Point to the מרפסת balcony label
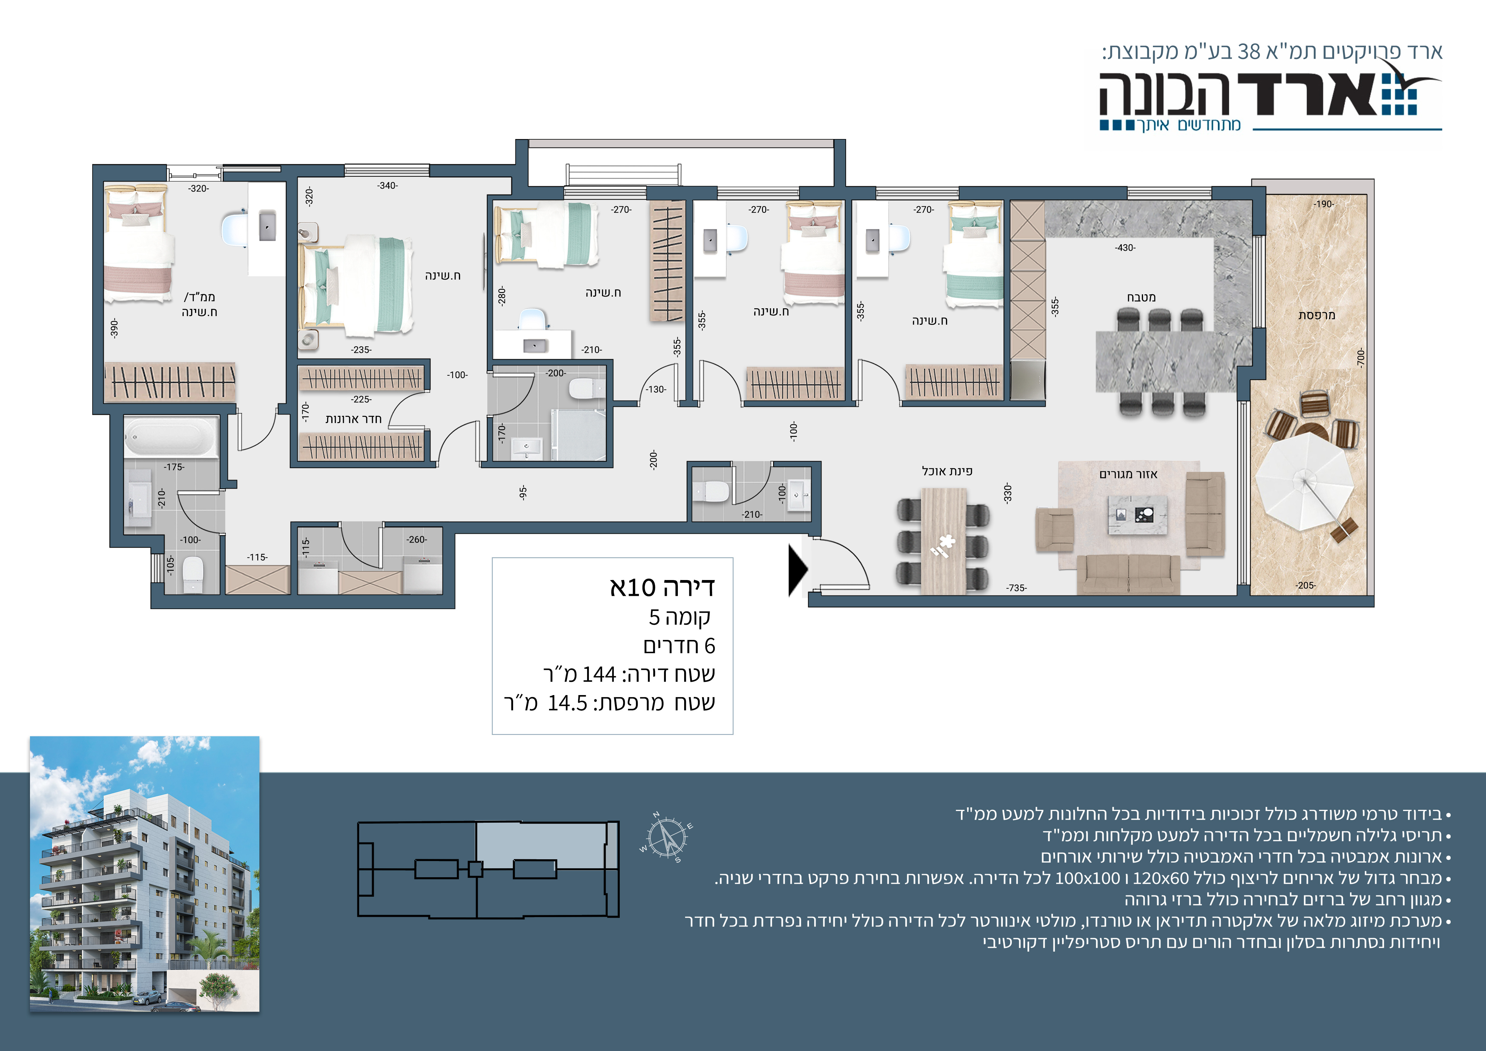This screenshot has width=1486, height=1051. click(1316, 315)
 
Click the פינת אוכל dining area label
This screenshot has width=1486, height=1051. click(947, 471)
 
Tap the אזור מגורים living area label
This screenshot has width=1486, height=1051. click(1128, 474)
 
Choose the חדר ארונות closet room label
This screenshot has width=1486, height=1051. click(353, 419)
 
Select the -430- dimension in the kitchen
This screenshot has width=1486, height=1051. click(1125, 248)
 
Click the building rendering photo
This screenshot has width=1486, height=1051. click(145, 874)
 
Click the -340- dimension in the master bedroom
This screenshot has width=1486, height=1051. click(387, 186)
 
